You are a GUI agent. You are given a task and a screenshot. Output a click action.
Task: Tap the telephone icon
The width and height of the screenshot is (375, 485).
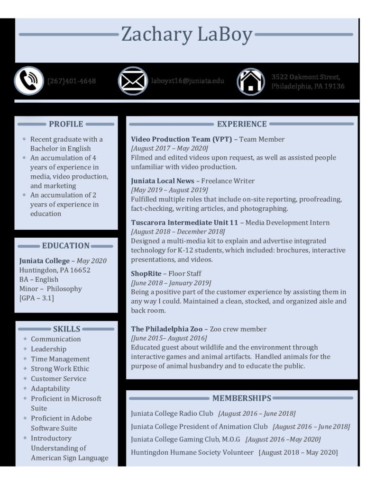[x=28, y=81]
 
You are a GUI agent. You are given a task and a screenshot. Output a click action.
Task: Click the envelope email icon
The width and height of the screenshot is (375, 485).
[x=133, y=81]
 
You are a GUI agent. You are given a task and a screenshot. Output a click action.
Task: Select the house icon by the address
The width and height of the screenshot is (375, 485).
[x=251, y=81]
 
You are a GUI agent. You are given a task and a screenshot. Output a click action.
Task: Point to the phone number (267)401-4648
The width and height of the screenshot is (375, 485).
[x=72, y=81]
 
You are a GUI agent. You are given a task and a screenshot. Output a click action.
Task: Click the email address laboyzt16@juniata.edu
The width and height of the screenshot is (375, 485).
[x=188, y=81]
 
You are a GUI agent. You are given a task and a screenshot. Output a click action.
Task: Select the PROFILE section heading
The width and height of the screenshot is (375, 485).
[x=66, y=124]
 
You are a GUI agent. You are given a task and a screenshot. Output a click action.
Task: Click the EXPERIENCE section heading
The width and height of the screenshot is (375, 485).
[x=242, y=124]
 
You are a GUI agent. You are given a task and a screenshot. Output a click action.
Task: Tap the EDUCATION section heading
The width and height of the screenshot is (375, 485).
[x=65, y=246]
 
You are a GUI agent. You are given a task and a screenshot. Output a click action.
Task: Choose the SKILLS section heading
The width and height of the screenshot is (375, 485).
[x=66, y=329]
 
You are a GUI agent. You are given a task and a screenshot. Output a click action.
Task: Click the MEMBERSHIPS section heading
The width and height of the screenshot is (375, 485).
[x=242, y=398]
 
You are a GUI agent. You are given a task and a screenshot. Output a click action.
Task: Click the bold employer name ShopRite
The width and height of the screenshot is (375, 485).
[x=146, y=273]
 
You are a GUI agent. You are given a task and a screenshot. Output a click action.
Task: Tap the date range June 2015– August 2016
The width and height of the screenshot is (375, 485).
[x=169, y=338]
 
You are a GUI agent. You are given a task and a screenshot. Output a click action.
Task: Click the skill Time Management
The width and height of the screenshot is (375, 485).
[x=60, y=359]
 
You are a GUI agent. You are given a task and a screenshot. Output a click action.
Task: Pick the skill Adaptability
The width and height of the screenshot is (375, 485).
[x=50, y=389]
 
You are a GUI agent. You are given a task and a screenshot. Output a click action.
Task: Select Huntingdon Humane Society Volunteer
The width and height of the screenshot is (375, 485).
[x=192, y=452]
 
